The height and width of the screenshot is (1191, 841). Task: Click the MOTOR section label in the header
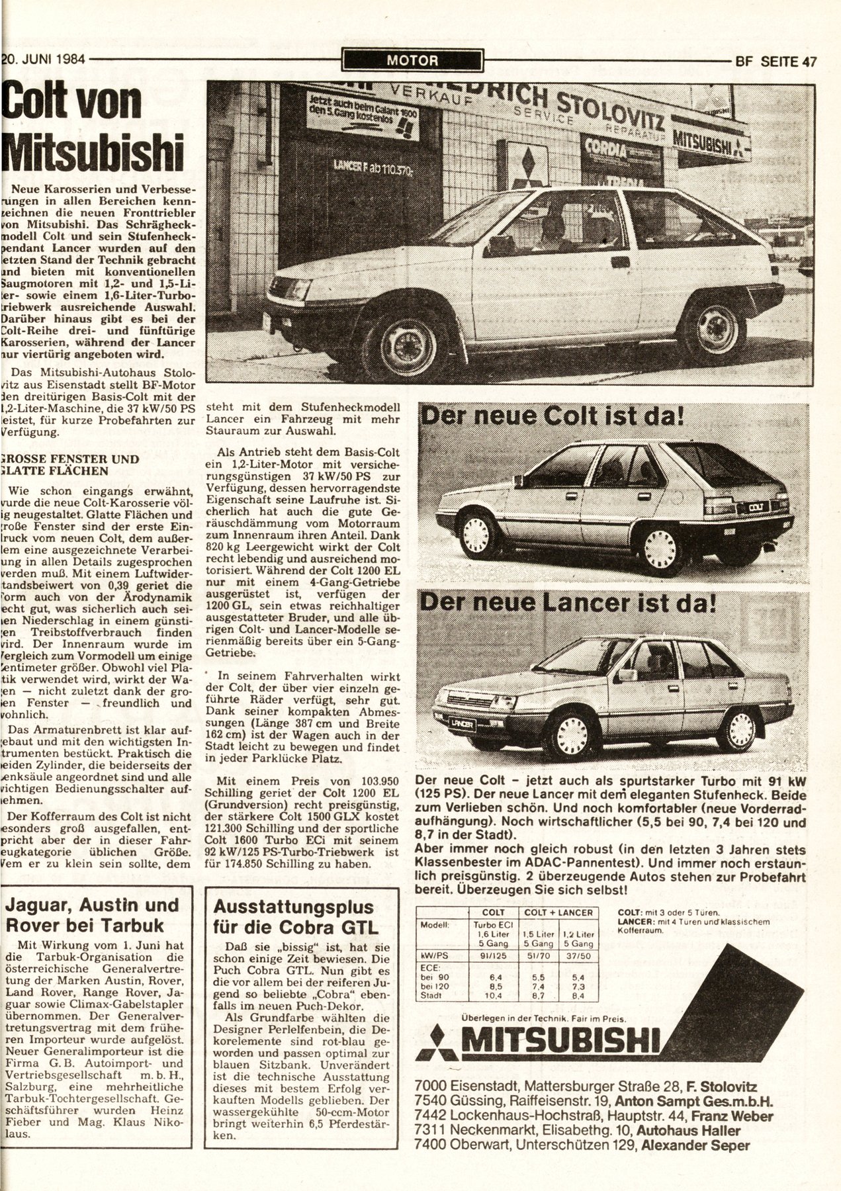tap(413, 61)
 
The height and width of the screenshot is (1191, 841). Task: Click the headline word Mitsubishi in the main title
tap(93, 150)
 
